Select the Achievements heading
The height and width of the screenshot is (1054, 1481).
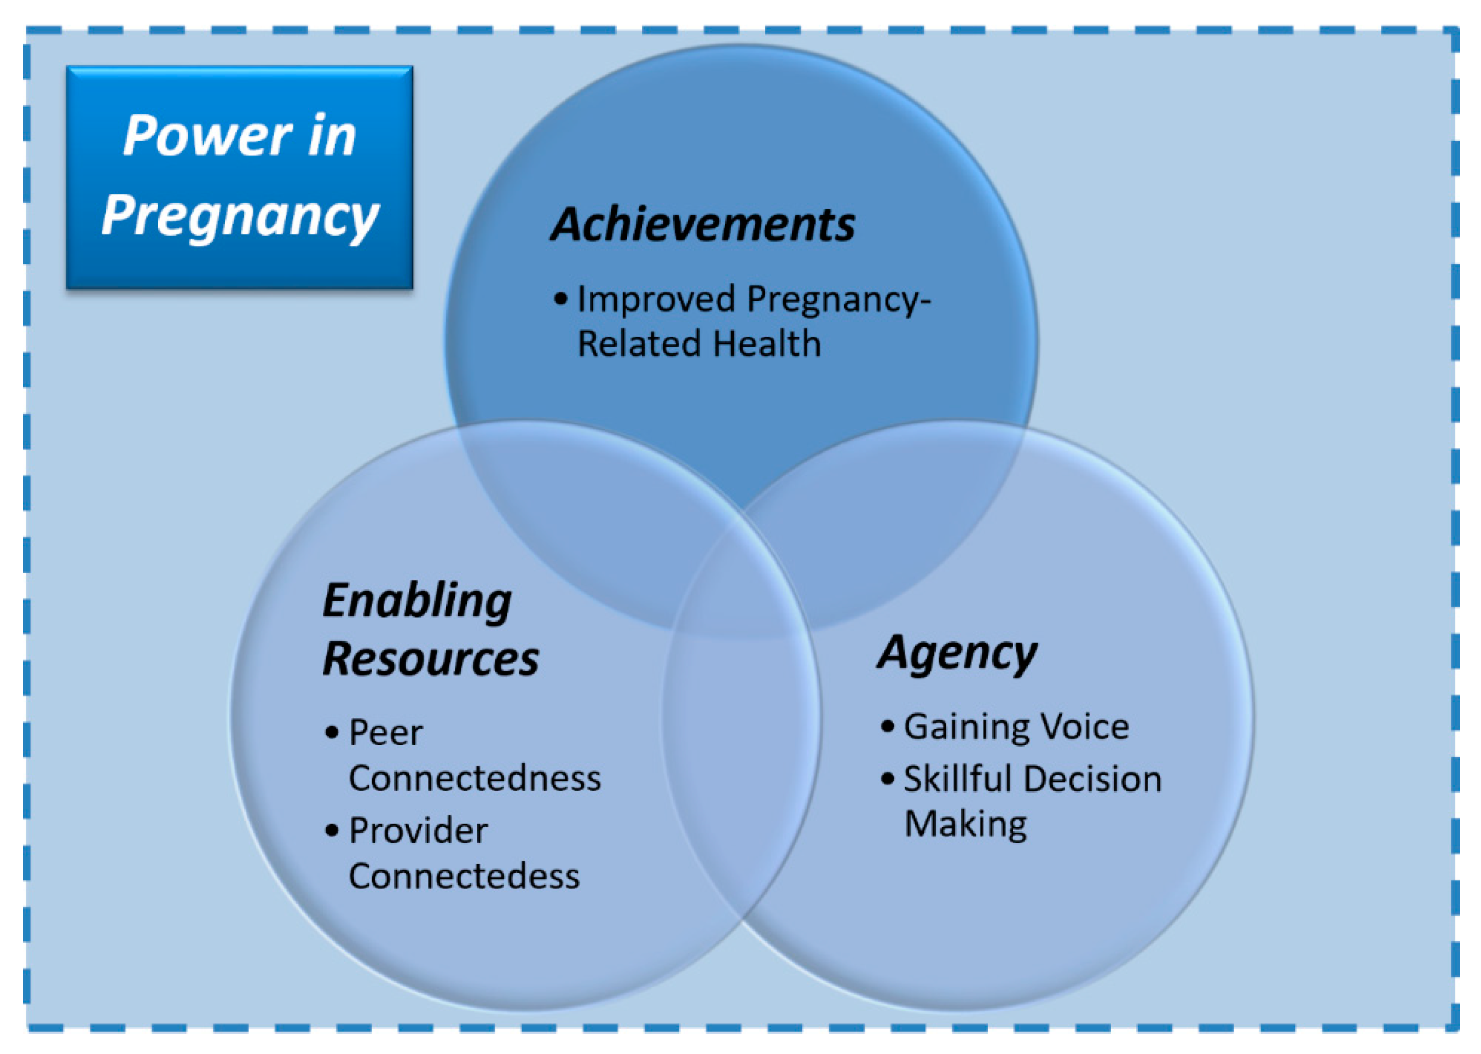point(703,224)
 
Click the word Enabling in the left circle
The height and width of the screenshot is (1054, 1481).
point(417,602)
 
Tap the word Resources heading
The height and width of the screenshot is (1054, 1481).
point(430,659)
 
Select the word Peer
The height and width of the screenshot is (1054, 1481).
point(385,733)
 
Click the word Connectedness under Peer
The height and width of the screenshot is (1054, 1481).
point(474,778)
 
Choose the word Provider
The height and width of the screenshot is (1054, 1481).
point(418,831)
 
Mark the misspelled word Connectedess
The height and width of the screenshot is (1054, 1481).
point(464,876)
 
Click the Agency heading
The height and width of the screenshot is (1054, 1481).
point(957,654)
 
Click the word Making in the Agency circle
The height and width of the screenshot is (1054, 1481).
point(965,826)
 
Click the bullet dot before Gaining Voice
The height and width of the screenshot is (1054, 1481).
point(887,726)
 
